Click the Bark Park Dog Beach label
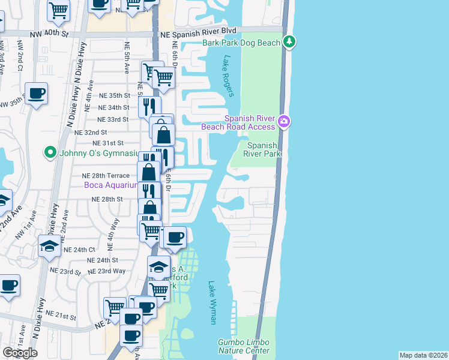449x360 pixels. click(x=241, y=43)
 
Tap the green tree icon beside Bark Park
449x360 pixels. click(x=291, y=41)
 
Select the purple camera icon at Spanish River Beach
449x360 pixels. click(x=284, y=122)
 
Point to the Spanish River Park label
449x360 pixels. click(x=262, y=149)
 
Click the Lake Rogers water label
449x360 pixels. click(x=228, y=76)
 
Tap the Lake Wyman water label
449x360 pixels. click(x=212, y=303)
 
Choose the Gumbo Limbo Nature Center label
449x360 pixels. click(x=243, y=346)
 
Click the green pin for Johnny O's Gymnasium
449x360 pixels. click(x=51, y=152)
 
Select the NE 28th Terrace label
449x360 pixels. click(x=105, y=175)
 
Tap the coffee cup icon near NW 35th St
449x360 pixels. click(x=36, y=94)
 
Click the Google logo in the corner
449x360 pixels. click(x=20, y=353)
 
